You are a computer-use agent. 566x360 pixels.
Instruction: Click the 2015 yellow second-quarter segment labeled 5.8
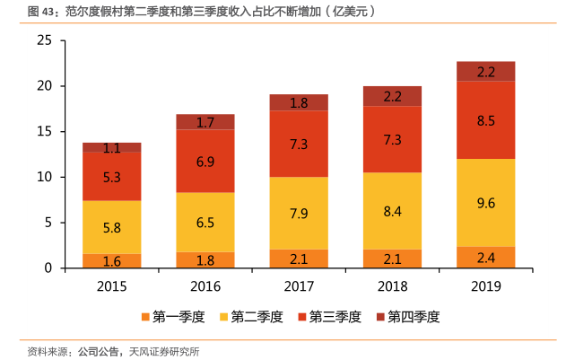click(x=112, y=227)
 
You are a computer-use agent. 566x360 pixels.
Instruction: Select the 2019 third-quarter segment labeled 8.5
click(x=485, y=120)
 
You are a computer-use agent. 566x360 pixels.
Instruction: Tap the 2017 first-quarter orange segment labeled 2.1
click(x=299, y=259)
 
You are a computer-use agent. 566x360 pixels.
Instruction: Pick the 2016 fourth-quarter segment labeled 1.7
click(x=205, y=122)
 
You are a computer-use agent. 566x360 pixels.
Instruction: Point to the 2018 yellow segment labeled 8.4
click(x=392, y=211)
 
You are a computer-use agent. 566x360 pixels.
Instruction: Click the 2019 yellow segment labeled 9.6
click(x=485, y=203)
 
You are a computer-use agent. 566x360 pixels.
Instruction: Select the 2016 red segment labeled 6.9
click(x=205, y=162)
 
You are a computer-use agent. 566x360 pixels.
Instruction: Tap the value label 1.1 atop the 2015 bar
click(x=112, y=148)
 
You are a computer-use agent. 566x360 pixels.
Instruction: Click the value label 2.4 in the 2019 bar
click(x=485, y=259)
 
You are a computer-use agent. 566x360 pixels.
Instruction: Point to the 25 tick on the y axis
click(x=45, y=40)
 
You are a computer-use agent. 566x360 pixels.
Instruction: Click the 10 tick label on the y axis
click(x=45, y=177)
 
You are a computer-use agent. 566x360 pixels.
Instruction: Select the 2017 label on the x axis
click(x=299, y=285)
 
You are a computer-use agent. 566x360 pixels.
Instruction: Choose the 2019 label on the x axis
click(x=485, y=285)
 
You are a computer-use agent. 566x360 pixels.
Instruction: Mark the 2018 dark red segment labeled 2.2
click(x=392, y=96)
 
